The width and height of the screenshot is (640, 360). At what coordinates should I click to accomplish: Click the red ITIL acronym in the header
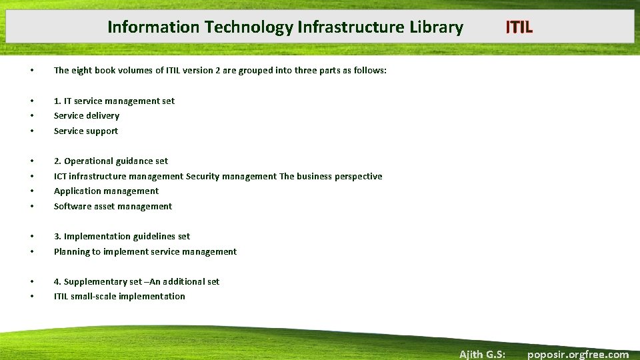click(x=519, y=27)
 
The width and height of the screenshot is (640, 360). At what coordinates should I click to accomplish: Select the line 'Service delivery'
click(x=87, y=116)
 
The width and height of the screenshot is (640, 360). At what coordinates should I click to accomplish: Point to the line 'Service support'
click(x=86, y=131)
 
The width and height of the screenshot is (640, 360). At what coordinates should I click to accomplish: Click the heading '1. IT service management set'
click(x=114, y=101)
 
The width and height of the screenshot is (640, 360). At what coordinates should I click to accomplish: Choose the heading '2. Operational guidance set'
click(x=111, y=161)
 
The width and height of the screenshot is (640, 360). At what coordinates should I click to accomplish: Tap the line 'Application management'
click(x=106, y=191)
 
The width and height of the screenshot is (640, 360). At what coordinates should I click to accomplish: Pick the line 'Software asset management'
click(x=113, y=207)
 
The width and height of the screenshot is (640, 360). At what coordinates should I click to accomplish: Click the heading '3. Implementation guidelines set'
click(x=121, y=237)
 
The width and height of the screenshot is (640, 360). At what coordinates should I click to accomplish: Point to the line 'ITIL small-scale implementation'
click(x=119, y=297)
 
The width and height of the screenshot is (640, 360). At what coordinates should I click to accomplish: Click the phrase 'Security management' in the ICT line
click(x=231, y=177)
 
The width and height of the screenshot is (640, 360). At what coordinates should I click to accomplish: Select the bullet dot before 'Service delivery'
click(x=32, y=116)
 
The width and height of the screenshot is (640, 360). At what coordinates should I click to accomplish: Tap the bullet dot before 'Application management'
click(x=32, y=191)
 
